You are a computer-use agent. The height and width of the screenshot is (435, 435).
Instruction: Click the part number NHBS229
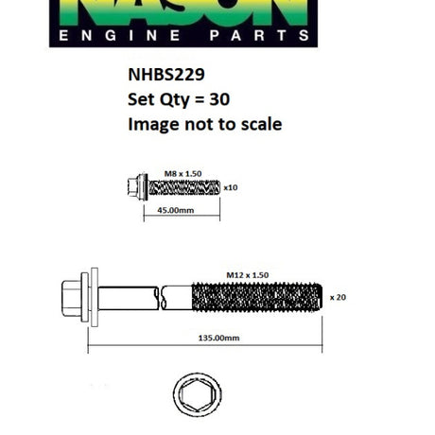pos(166,75)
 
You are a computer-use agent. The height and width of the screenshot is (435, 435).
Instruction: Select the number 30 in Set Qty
pos(219,99)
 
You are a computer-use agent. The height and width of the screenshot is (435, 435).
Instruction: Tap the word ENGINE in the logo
pos(119,35)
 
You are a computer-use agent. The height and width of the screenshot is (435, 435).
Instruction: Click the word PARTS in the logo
pos(259,35)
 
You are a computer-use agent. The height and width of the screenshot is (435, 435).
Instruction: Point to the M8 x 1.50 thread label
pos(183,174)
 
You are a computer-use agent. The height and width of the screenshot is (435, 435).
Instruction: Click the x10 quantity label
pos(231,187)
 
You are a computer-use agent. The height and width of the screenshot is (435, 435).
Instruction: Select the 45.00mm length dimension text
pos(176,210)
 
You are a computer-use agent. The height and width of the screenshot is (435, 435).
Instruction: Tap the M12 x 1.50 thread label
pos(248,275)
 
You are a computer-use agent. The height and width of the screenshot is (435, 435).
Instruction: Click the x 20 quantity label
pos(338,297)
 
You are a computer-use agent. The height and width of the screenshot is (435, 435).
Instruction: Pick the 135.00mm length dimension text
pos(218,338)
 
